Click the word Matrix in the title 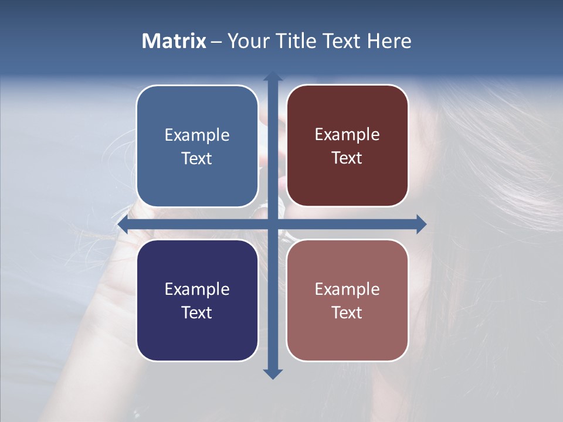pyautogui.click(x=174, y=41)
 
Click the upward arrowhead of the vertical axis pyautogui.click(x=272, y=77)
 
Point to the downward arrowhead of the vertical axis pyautogui.click(x=272, y=373)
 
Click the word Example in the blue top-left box pyautogui.click(x=197, y=135)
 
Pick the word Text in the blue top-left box pyautogui.click(x=197, y=159)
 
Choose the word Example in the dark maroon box pyautogui.click(x=347, y=135)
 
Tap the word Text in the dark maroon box pyautogui.click(x=347, y=158)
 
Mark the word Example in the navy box pyautogui.click(x=197, y=289)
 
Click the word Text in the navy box pyautogui.click(x=197, y=312)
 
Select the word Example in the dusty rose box pyautogui.click(x=347, y=289)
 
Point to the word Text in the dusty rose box pyautogui.click(x=347, y=312)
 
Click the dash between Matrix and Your pyautogui.click(x=216, y=42)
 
